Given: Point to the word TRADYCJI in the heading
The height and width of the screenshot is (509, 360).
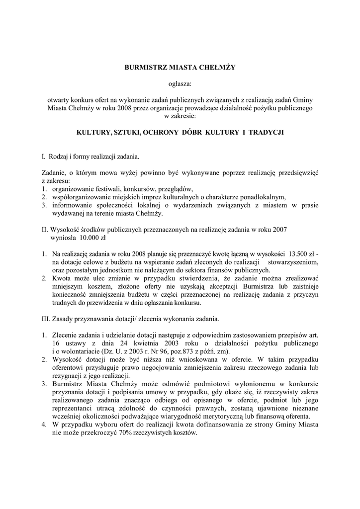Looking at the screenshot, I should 262,133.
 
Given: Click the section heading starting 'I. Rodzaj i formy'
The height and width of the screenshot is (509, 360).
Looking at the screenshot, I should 91,157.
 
